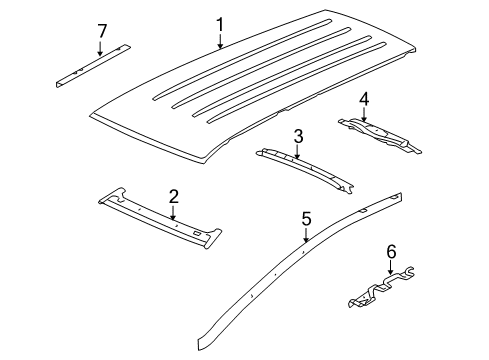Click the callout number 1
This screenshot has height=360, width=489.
[220, 24]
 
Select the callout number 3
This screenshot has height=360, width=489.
[298, 136]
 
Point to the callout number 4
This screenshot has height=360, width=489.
[364, 99]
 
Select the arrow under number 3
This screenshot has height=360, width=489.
[298, 152]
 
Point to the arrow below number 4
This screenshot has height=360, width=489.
[364, 115]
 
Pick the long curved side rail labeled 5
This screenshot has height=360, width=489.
[270, 275]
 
